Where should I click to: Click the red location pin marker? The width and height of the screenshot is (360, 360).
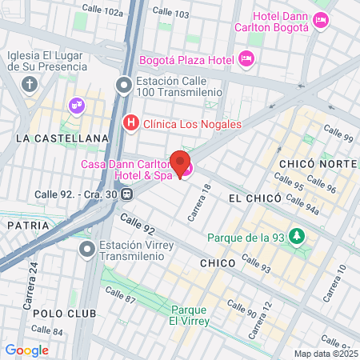point(181,163)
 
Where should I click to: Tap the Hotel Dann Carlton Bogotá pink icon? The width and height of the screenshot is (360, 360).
point(322,21)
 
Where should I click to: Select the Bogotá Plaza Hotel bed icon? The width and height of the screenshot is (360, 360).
point(246,58)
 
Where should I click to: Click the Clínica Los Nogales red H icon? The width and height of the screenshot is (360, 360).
point(130,123)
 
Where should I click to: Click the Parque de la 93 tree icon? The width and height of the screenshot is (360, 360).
point(298,237)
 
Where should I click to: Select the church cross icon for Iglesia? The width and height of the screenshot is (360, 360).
point(30,85)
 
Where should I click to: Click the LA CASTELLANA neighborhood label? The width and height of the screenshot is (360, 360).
point(62,138)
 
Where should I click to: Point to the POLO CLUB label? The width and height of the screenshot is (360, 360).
point(54,313)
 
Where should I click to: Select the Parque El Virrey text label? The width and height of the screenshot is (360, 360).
point(190,315)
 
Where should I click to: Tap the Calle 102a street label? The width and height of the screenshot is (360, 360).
point(103,13)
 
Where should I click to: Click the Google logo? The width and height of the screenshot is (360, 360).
point(26,350)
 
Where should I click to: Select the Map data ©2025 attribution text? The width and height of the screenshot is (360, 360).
point(325,353)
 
